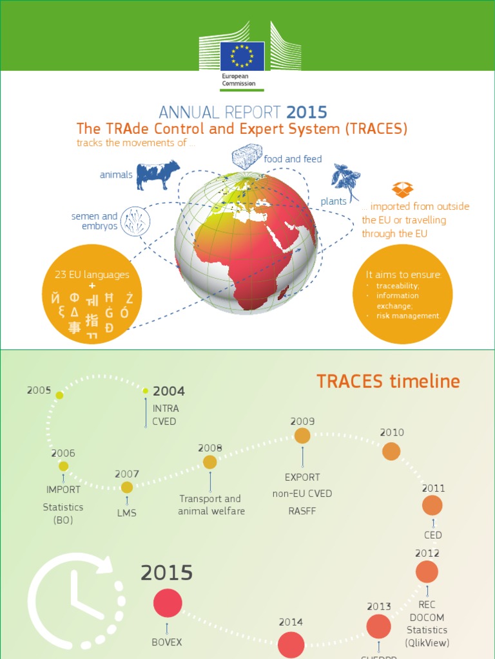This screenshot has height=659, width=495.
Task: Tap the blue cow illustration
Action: (158, 174)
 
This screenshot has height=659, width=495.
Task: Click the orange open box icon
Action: (402, 189)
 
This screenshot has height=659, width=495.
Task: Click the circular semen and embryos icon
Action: (135, 221)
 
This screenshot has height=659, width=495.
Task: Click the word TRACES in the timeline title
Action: (347, 382)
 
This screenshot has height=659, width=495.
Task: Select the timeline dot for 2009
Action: (302, 436)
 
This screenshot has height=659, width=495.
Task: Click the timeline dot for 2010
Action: (391, 451)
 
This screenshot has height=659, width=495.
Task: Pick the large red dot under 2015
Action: (168, 603)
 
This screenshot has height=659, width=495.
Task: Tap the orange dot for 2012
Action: (427, 571)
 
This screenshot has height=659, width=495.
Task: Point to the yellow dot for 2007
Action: (127, 488)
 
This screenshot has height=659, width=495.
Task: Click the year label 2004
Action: (169, 391)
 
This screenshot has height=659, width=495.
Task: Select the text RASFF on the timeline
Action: (302, 512)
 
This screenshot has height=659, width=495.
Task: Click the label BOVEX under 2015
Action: (167, 642)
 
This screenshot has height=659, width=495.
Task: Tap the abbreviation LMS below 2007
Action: (127, 514)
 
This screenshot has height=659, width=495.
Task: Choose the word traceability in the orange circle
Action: (398, 286)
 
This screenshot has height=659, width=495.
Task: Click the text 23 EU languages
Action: (92, 275)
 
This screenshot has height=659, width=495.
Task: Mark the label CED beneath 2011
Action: (432, 535)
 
